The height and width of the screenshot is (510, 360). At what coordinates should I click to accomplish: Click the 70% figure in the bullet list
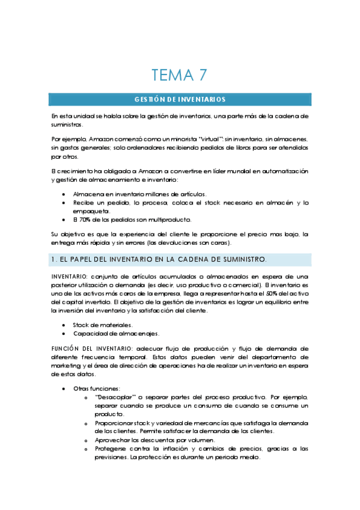pyautogui.click(x=86, y=220)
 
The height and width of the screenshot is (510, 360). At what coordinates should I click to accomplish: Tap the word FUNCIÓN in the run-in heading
pyautogui.click(x=66, y=348)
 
